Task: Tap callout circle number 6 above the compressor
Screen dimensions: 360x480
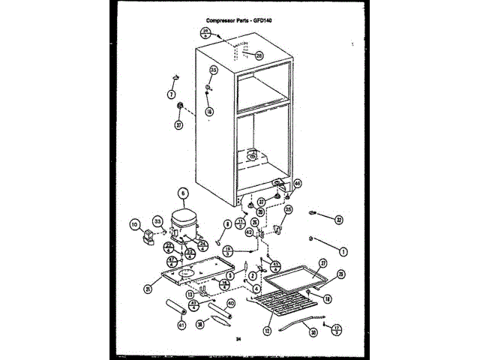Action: (x=182, y=193)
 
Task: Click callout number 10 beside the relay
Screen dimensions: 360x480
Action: (x=136, y=223)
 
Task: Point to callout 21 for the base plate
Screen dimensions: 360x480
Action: (x=148, y=289)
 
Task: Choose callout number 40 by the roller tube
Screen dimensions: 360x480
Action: (x=231, y=303)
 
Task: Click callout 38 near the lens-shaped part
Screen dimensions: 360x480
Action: (x=200, y=325)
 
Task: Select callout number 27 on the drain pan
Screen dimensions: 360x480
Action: (x=323, y=262)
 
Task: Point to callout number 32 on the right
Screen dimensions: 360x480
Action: (x=338, y=220)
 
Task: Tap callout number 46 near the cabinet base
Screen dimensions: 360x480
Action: (x=297, y=183)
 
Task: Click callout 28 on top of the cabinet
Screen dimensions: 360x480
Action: (x=259, y=55)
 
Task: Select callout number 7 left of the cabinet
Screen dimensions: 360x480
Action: (x=171, y=94)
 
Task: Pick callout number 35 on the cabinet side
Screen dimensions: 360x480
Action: (x=213, y=70)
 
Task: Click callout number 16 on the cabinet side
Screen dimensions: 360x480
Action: (x=209, y=111)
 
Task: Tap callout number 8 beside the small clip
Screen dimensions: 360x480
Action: (x=227, y=224)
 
